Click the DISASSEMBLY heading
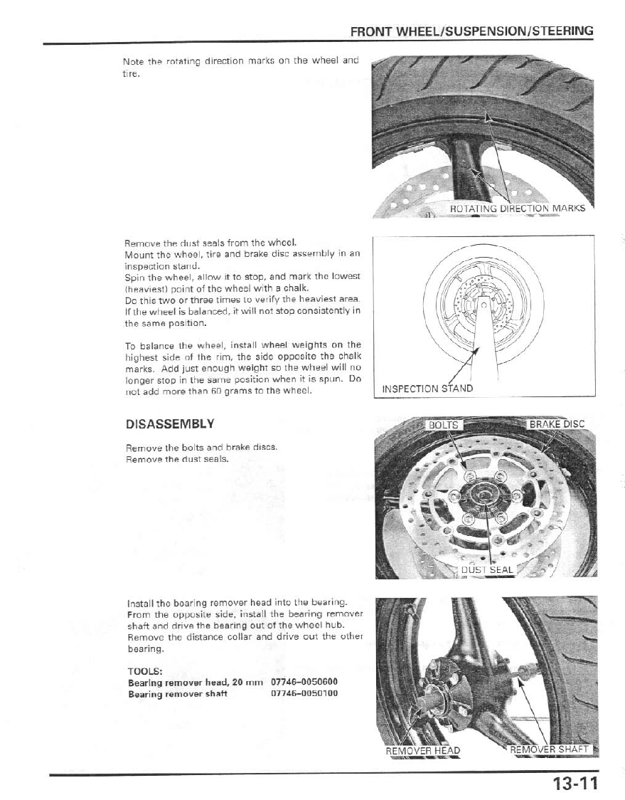pyautogui.click(x=169, y=424)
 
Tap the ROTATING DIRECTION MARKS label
pyautogui.click(x=518, y=209)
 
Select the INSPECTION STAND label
pyautogui.click(x=427, y=389)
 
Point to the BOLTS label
pyautogui.click(x=444, y=425)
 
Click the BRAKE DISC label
pyautogui.click(x=557, y=424)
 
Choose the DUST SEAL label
pyautogui.click(x=487, y=569)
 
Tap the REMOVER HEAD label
pyautogui.click(x=422, y=750)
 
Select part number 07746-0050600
pyautogui.click(x=304, y=682)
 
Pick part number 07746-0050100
pyautogui.click(x=304, y=693)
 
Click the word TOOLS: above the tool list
pyautogui.click(x=144, y=670)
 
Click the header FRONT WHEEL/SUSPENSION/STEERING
pyautogui.click(x=472, y=31)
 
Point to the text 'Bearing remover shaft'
pyautogui.click(x=177, y=693)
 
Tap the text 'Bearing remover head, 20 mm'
pyautogui.click(x=196, y=682)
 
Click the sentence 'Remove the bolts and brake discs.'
pyautogui.click(x=201, y=448)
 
